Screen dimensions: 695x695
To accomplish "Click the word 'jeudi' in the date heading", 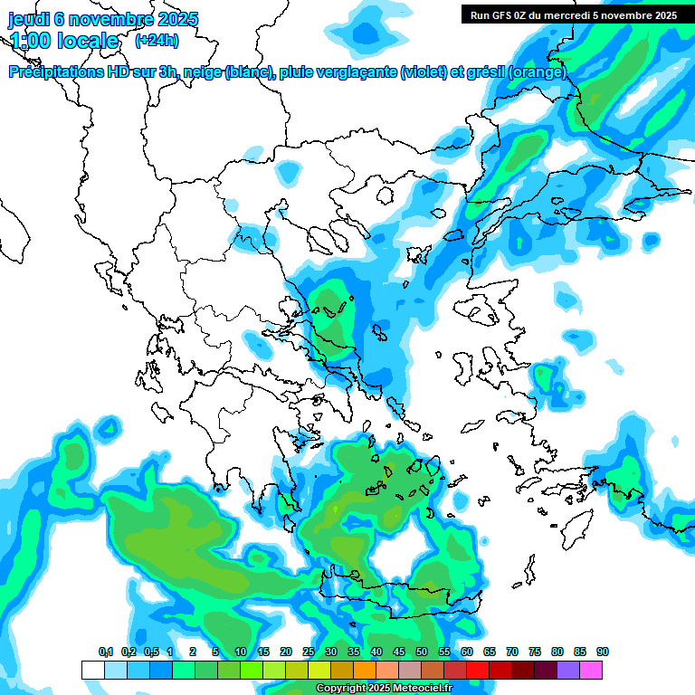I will (29, 19).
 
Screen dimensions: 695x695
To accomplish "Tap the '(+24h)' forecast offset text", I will (157, 41).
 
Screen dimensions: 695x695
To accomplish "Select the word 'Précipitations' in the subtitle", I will (55, 72).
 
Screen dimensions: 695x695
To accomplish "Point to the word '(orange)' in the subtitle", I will (538, 72).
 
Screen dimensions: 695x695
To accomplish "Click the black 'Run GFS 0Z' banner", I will (573, 14).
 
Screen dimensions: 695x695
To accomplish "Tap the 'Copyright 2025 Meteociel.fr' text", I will (384, 689).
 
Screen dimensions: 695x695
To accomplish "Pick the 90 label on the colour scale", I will (603, 652).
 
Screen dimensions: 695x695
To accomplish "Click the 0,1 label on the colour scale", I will (106, 652).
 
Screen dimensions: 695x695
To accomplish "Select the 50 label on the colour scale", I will (422, 652).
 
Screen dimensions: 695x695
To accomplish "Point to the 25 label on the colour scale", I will (309, 652).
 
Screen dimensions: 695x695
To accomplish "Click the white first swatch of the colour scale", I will (92, 670).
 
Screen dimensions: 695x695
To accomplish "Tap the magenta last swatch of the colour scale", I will (592, 670).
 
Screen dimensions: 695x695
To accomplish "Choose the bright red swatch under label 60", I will (478, 670).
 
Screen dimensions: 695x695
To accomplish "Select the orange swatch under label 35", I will (365, 670).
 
